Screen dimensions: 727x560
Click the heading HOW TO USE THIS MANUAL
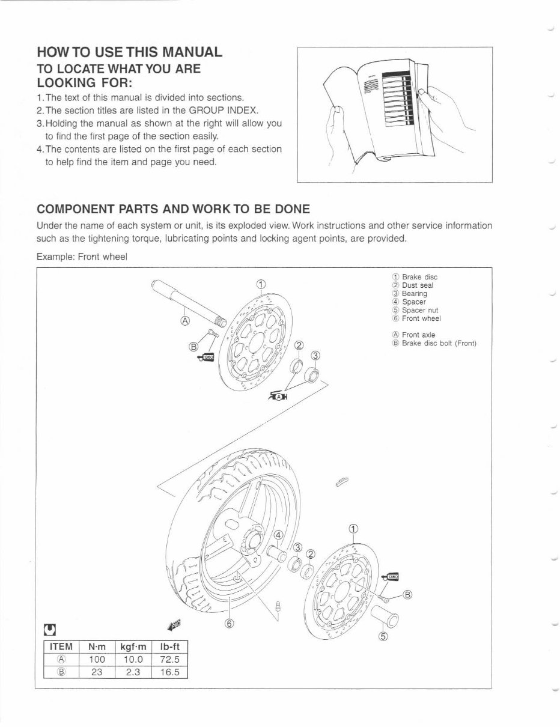[129, 52]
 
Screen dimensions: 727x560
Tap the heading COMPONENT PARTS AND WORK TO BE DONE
[173, 209]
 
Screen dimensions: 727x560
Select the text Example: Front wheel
[82, 257]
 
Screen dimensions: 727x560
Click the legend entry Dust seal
[417, 285]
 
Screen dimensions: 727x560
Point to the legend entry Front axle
[418, 335]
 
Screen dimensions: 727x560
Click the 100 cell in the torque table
[97, 660]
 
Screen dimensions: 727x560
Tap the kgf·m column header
[133, 647]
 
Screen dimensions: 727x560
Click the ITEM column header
[61, 647]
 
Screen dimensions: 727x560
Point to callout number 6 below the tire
[228, 623]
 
